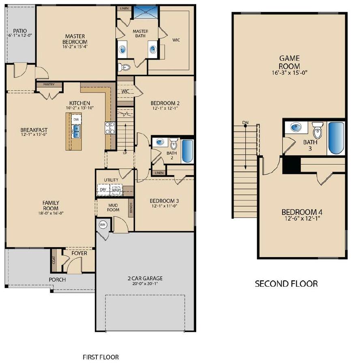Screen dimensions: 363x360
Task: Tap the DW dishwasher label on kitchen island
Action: tap(76, 119)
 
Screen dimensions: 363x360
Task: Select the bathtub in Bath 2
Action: tap(187, 151)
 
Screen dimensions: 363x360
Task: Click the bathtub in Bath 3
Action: tap(336, 138)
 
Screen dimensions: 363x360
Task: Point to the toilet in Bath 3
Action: tap(317, 131)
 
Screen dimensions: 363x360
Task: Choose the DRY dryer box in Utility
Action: tap(103, 189)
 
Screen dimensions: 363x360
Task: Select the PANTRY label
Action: tap(49, 85)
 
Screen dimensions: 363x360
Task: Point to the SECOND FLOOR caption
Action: tap(286, 284)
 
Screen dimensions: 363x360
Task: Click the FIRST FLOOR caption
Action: tap(101, 357)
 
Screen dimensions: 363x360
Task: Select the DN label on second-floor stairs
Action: tap(245, 122)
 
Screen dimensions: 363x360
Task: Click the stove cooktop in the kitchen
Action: tap(109, 128)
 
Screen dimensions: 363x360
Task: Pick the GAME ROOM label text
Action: tap(289, 62)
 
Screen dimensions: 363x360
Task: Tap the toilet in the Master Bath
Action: tap(124, 67)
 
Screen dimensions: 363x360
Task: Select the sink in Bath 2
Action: tap(160, 142)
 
